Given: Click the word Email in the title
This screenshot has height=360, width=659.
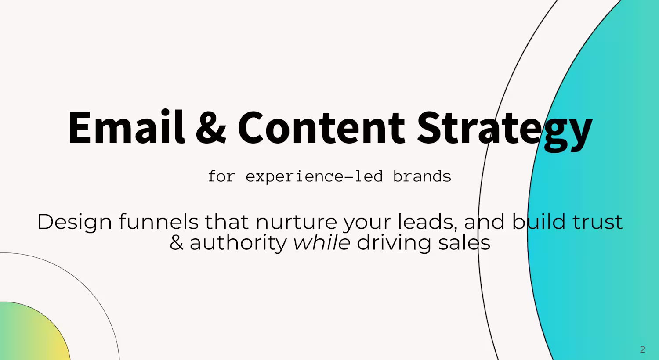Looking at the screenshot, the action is click(x=127, y=127).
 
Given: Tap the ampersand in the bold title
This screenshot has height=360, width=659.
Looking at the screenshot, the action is click(x=211, y=128).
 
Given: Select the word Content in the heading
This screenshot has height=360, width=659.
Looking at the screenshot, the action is click(x=322, y=128).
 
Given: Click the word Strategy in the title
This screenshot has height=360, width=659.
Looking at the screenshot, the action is click(x=504, y=131).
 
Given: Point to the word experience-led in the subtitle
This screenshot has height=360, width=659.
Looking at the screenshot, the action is click(x=314, y=176).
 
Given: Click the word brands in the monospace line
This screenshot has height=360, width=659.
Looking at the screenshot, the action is click(x=422, y=176).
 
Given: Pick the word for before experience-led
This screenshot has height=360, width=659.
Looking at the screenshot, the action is click(x=221, y=176).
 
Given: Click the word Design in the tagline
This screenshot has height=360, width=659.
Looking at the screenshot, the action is click(x=74, y=223).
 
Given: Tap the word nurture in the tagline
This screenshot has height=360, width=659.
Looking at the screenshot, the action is click(x=296, y=222).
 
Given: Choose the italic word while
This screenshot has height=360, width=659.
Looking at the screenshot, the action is click(x=322, y=242).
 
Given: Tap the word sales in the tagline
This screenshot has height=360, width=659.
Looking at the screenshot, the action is click(x=464, y=242).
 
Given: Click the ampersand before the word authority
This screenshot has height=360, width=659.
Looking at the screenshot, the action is click(x=176, y=243).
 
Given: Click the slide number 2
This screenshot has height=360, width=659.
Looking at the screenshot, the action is click(x=642, y=349).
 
